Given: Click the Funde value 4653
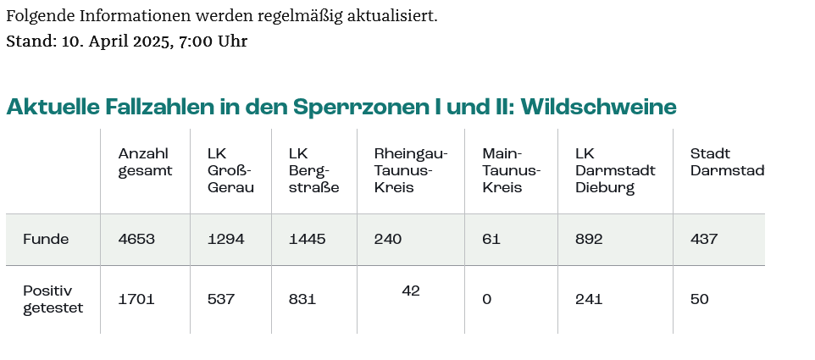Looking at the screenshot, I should click(136, 240).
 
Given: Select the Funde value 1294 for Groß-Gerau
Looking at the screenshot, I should click(225, 240).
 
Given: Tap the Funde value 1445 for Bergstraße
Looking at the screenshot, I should click(307, 240).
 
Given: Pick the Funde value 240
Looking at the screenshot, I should click(388, 240).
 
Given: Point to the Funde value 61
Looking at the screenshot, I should click(491, 240).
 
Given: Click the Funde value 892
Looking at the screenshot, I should click(589, 240).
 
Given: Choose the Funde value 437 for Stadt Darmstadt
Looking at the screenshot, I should click(704, 240).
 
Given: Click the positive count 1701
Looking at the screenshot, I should click(136, 299).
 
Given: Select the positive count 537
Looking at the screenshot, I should click(221, 299).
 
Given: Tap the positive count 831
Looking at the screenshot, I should click(302, 299).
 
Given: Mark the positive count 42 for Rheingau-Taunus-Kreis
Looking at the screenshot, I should click(411, 291).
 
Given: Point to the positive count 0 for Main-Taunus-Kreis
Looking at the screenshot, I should click(486, 299).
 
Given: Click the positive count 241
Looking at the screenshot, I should click(588, 299).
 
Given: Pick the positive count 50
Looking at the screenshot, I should click(700, 299).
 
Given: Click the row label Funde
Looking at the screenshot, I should click(46, 240).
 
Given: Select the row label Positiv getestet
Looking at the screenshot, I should click(53, 299).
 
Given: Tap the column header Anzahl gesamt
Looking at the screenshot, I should click(145, 162).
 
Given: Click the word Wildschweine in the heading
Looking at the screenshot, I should click(598, 108).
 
